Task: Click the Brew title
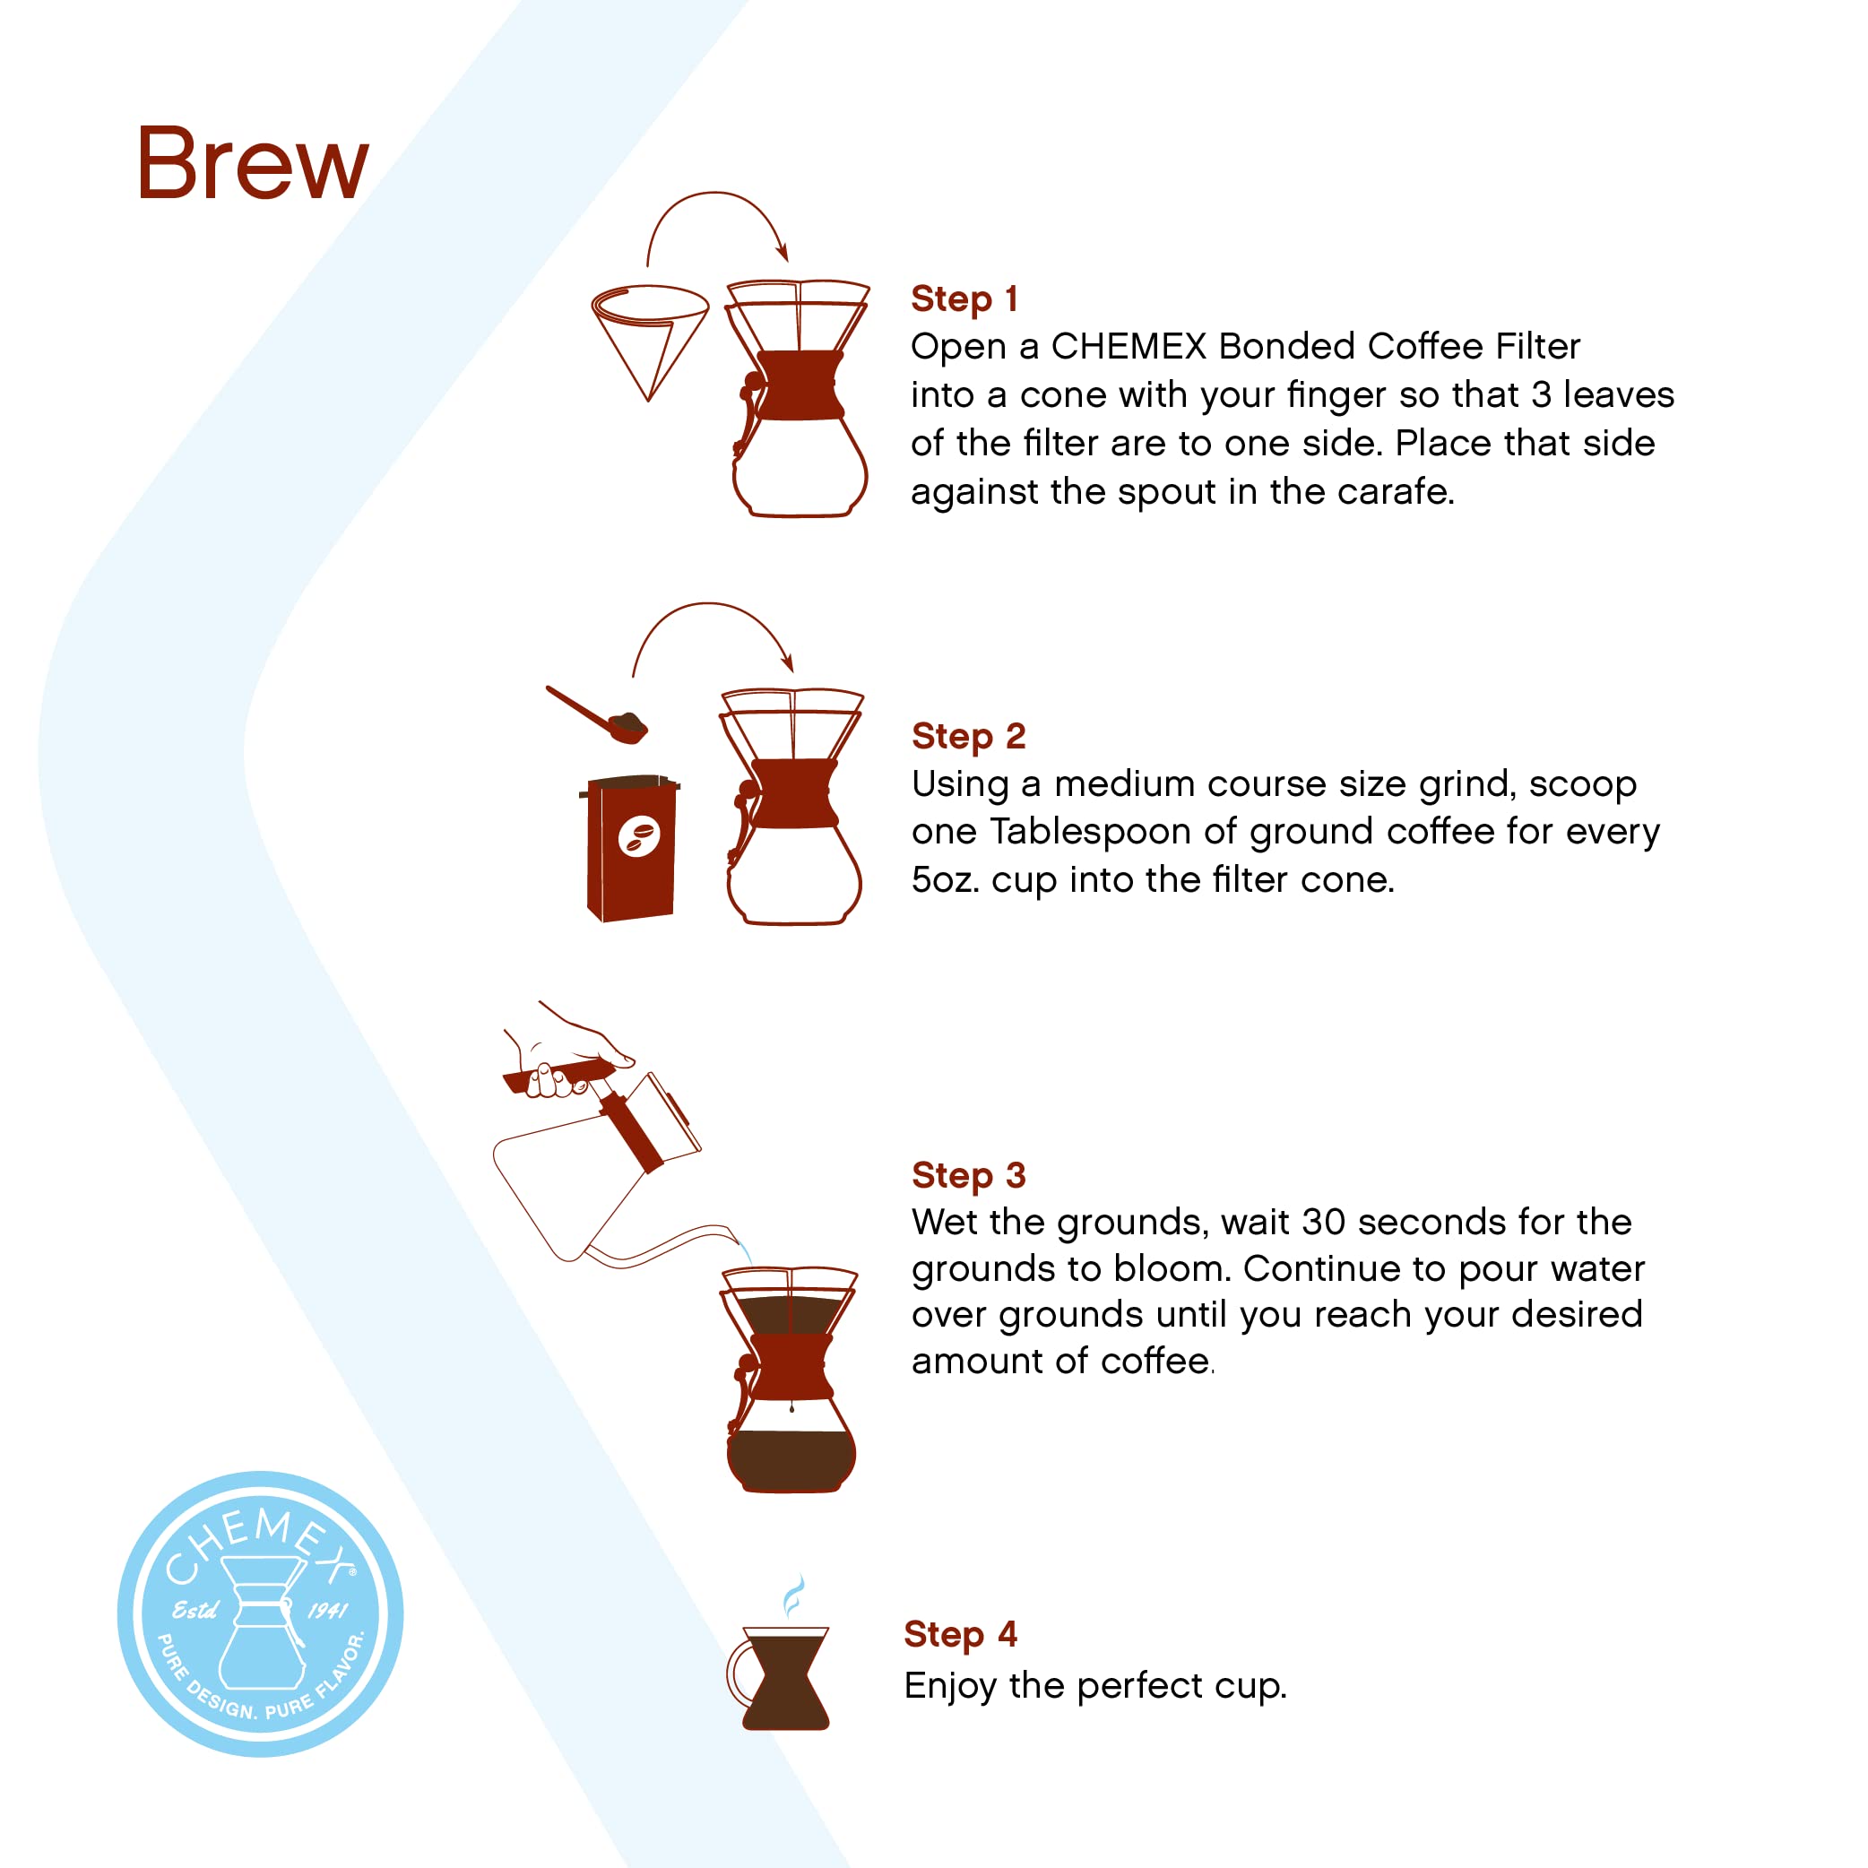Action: (254, 164)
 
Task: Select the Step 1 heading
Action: (964, 298)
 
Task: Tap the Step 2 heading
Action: (968, 736)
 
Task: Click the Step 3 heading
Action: (968, 1175)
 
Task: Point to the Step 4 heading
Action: (960, 1634)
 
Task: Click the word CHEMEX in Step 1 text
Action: (1129, 346)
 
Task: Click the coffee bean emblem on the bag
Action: (639, 836)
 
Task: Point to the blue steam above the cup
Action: (793, 1596)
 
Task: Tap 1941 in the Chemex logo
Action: (328, 1611)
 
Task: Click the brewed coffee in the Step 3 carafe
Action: (791, 1460)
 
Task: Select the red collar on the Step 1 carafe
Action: (799, 385)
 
